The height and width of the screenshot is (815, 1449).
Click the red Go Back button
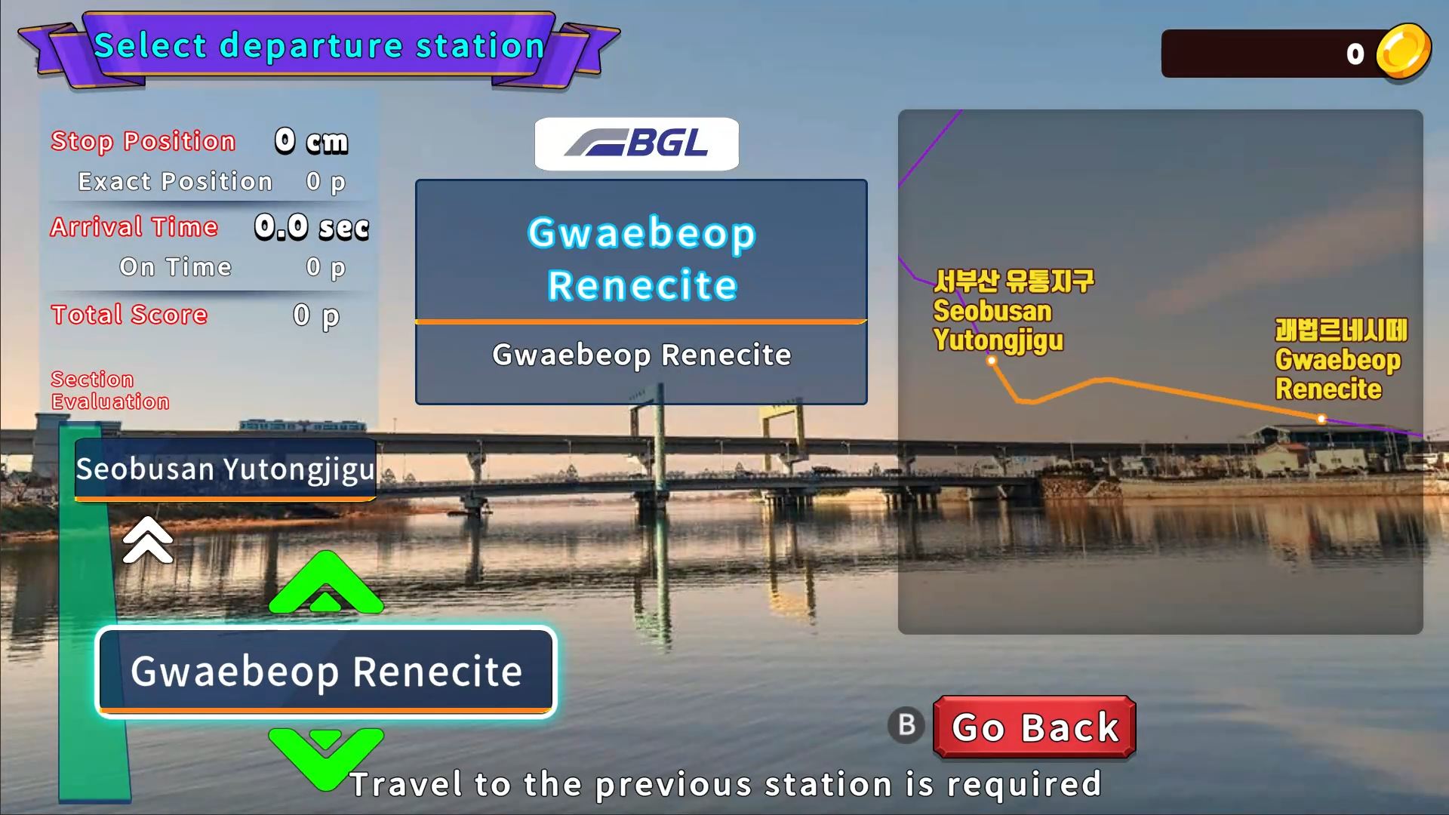coord(1034,727)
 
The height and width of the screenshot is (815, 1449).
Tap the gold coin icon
coord(1403,51)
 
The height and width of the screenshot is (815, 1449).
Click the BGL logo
coord(636,143)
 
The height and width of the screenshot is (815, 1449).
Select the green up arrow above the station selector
coord(326,583)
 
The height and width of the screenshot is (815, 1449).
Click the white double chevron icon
coord(148,540)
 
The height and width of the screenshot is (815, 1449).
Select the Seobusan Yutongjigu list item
coord(225,469)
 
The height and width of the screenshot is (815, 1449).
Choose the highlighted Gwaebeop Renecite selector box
coord(326,672)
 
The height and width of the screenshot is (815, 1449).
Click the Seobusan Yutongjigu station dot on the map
coord(992,361)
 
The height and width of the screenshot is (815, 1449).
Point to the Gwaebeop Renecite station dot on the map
coord(1321,418)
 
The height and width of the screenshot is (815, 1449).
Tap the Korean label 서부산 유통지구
coord(1014,281)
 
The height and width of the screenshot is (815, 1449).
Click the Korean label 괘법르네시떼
coord(1341,330)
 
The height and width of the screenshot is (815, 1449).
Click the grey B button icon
coord(906,725)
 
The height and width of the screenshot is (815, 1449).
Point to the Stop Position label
coord(143,141)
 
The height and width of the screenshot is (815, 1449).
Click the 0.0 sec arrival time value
coord(312,226)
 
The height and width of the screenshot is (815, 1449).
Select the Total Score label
coord(129,314)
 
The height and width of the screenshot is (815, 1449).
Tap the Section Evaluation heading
coord(110,390)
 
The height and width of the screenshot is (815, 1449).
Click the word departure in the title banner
coord(311,47)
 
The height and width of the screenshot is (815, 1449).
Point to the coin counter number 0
coord(1355,54)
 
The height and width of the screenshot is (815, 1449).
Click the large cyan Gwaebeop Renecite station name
coord(641,259)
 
